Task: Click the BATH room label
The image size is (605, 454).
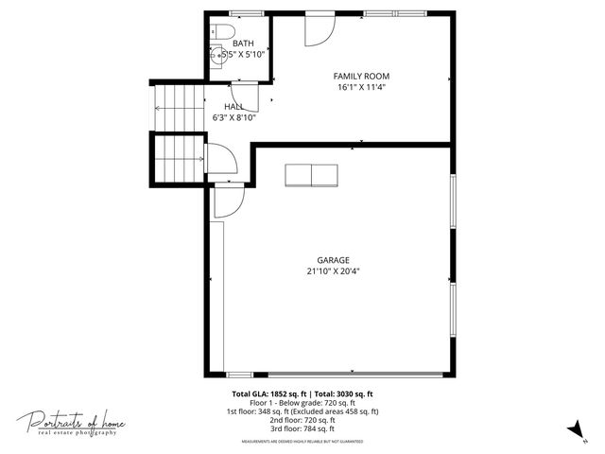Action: (244, 44)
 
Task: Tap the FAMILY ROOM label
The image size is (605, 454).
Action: (361, 76)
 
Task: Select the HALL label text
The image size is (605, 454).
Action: (234, 107)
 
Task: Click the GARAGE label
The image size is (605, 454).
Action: (333, 260)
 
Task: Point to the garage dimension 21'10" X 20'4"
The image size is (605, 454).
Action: (333, 271)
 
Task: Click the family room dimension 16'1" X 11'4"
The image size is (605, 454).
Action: (361, 87)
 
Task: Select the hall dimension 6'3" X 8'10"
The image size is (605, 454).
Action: (234, 118)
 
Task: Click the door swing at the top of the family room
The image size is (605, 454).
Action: (318, 30)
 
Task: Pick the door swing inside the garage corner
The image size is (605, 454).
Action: (229, 201)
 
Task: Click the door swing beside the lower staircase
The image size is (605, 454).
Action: (220, 158)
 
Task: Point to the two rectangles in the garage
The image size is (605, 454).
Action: (310, 175)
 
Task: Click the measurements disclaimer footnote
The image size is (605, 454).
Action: (302, 441)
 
